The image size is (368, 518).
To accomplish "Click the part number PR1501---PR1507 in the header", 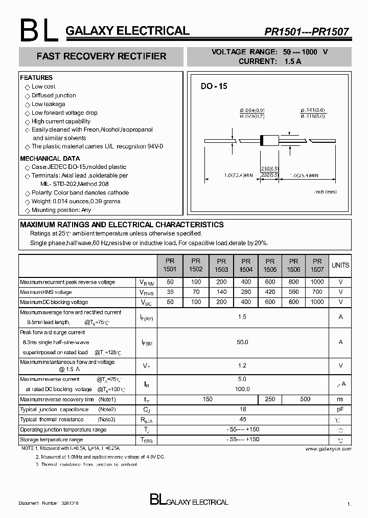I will [306, 32].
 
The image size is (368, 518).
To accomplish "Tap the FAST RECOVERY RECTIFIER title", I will [101, 56].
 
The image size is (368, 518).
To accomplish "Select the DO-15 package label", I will [214, 87].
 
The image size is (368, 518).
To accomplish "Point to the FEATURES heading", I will [36, 78].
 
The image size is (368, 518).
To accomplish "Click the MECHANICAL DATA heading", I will [50, 159].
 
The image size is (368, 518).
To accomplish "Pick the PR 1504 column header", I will [245, 265].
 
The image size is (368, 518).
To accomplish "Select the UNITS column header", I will [340, 265].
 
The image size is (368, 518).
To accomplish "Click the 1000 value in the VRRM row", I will [317, 282].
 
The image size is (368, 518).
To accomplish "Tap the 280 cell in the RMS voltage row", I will [245, 292].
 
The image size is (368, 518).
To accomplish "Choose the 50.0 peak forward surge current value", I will [242, 342].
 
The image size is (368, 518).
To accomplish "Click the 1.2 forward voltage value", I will [242, 365].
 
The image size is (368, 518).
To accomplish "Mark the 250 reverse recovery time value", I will [270, 399].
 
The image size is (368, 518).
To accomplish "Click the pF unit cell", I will [340, 409].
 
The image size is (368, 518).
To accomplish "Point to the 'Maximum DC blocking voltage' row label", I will [54, 302].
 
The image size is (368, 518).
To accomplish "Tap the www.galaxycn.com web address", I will [328, 449].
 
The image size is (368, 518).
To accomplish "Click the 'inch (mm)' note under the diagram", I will [325, 191].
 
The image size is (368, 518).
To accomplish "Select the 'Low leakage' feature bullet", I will [48, 104].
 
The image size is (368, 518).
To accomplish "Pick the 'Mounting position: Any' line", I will [61, 210].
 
